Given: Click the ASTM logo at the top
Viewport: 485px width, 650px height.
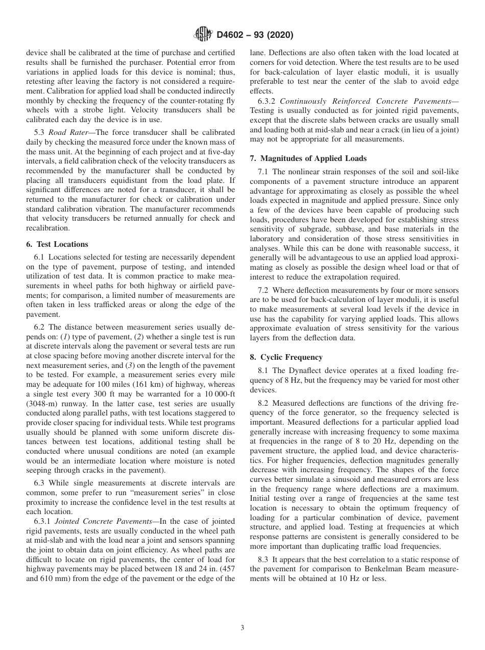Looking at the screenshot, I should tap(203, 35).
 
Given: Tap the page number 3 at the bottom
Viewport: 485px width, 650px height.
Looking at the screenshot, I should tap(243, 628).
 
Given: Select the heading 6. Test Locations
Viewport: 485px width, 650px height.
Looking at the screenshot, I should tap(57, 244).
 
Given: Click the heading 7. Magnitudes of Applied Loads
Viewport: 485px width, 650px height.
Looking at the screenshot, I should tap(308, 158).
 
